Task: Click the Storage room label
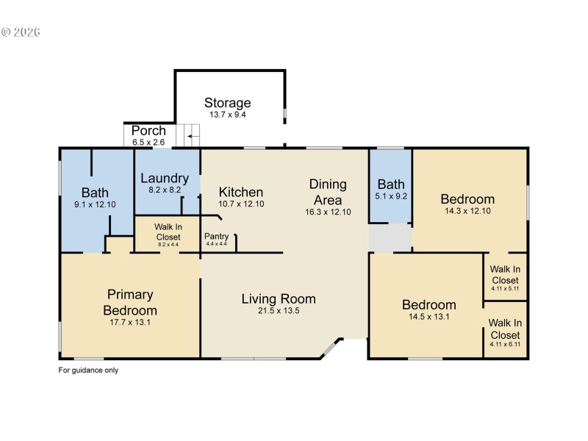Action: (227, 103)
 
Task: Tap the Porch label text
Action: (148, 131)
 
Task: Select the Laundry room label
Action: (165, 178)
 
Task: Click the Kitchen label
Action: (241, 192)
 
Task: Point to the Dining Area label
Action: (327, 192)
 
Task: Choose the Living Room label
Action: (279, 298)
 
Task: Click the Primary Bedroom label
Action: (129, 302)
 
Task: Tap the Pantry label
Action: (216, 236)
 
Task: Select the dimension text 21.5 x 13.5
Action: (279, 312)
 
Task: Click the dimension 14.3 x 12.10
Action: (467, 212)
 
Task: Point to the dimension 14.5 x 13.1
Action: (429, 318)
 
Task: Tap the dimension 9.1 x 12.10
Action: (95, 204)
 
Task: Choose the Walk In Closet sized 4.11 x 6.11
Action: (505, 332)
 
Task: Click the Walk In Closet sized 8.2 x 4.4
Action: (167, 232)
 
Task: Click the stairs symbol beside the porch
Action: (192, 135)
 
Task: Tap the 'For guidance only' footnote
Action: (88, 370)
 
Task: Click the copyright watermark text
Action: (21, 32)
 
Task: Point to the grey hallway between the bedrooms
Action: (390, 237)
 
